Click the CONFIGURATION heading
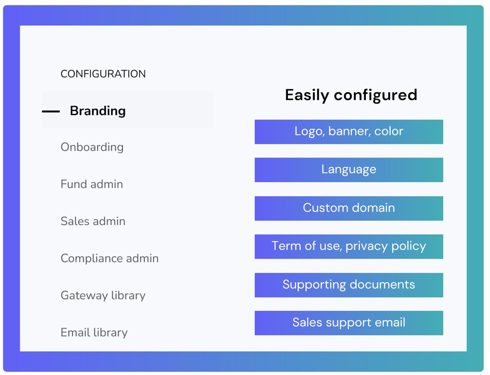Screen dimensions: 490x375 (103, 74)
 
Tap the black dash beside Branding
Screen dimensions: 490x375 (51, 111)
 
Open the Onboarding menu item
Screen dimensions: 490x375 (92, 147)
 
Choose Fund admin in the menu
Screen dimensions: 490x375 (92, 184)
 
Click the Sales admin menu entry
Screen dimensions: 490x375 (93, 221)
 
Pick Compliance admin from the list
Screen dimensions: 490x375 (110, 258)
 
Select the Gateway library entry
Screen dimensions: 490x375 (103, 295)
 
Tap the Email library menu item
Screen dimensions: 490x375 (94, 333)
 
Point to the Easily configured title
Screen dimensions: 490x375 (351, 95)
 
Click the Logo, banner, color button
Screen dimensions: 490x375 (349, 132)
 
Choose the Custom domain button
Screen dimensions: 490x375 (349, 209)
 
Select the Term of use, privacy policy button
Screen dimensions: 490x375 (349, 246)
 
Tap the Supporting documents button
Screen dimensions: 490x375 (349, 285)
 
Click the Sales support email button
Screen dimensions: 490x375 (349, 323)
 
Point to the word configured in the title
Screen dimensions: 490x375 (376, 96)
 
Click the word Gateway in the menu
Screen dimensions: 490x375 (85, 296)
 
